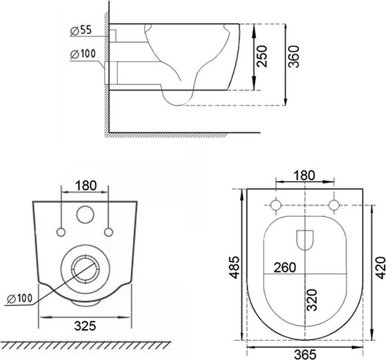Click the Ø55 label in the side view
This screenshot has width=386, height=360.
pyautogui.click(x=81, y=30)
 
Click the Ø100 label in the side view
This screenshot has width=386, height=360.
pyautogui.click(x=83, y=54)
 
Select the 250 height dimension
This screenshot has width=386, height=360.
pyautogui.click(x=261, y=56)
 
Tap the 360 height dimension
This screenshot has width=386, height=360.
pyautogui.click(x=293, y=57)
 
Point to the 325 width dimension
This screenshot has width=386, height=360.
pyautogui.click(x=85, y=326)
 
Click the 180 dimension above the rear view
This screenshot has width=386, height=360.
pyautogui.click(x=86, y=185)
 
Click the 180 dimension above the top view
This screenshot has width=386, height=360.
pyautogui.click(x=304, y=175)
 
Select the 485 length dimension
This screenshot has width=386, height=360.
pyautogui.click(x=234, y=267)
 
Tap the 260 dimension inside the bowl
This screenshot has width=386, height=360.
pyautogui.click(x=285, y=267)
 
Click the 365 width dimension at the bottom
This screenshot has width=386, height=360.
pyautogui.click(x=305, y=355)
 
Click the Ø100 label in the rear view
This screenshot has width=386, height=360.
pyautogui.click(x=20, y=298)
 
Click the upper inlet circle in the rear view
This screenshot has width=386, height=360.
pyautogui.click(x=85, y=206)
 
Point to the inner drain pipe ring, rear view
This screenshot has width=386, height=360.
pyautogui.click(x=85, y=255)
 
